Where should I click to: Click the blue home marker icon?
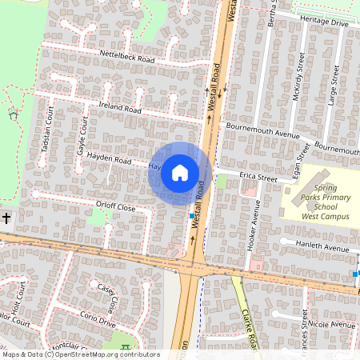(x=180, y=172)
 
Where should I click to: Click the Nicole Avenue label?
(x=330, y=326)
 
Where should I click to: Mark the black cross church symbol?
(x=6, y=218)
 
